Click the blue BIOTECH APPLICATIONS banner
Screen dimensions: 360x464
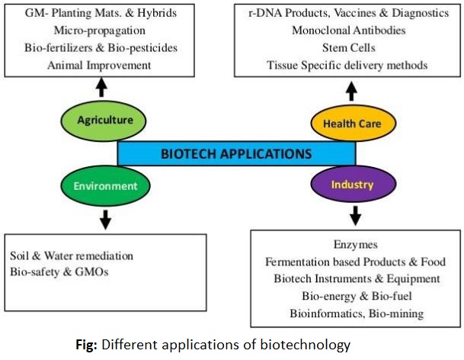tap(235, 153)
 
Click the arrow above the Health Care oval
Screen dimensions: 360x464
tap(352, 92)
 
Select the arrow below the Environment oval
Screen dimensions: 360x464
tap(104, 218)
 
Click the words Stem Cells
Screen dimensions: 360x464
tap(347, 48)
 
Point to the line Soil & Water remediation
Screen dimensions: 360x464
tap(72, 255)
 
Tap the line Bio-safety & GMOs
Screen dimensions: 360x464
tap(59, 272)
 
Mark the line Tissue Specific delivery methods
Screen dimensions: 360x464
tap(347, 65)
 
